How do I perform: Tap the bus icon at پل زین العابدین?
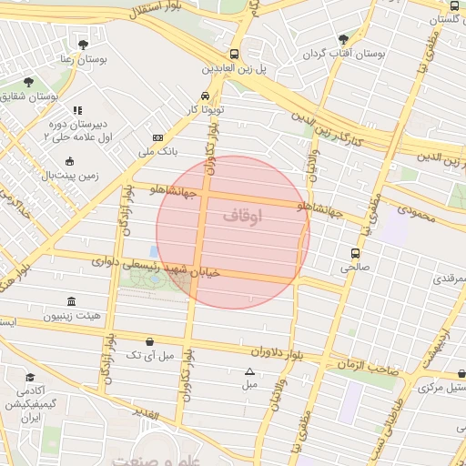coord(235,54)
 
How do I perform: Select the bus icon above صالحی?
coord(354,253)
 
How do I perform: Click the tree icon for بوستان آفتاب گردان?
coord(343,39)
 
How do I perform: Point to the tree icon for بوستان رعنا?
coord(83,44)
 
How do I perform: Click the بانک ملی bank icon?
coord(157,137)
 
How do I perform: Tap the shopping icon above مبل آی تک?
coord(149,341)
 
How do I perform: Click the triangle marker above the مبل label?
coord(249,371)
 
